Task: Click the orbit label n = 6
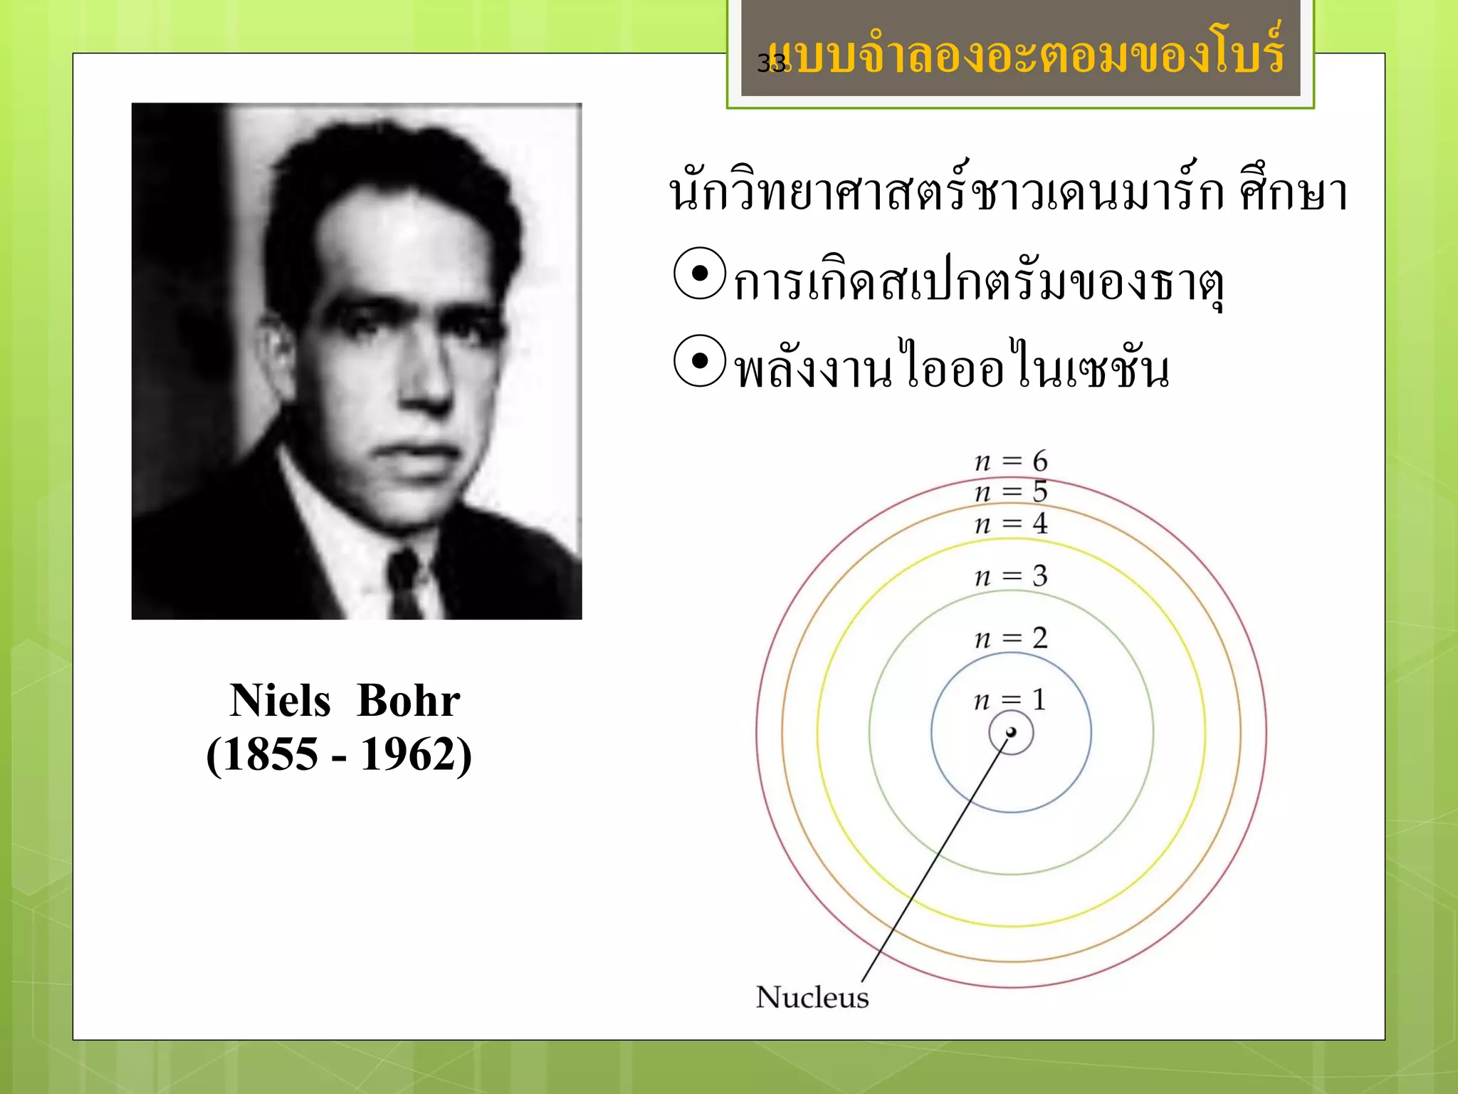click(1011, 462)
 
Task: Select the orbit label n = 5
click(1011, 492)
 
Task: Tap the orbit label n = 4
click(1011, 524)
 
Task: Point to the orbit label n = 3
click(1011, 576)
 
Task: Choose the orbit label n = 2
click(1011, 638)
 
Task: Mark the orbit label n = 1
click(1010, 700)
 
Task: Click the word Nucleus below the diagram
click(812, 997)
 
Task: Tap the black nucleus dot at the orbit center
click(1011, 732)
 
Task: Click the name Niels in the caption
click(280, 701)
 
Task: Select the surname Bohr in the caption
click(409, 701)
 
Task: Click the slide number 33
click(771, 63)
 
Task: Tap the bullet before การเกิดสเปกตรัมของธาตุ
click(700, 273)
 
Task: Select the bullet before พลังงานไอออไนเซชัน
click(700, 361)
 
